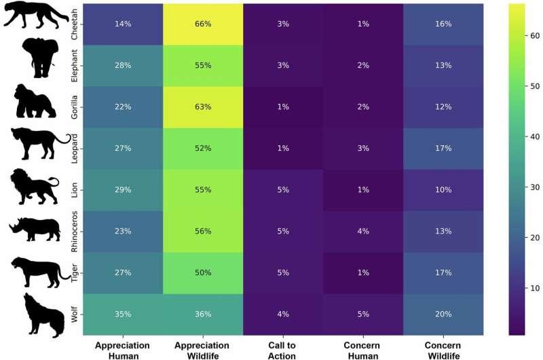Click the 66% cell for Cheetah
[x=202, y=24]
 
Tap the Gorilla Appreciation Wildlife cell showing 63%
[x=202, y=107]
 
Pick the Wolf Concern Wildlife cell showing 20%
[x=444, y=314]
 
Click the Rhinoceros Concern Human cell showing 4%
[x=363, y=232]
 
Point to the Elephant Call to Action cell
[x=283, y=65]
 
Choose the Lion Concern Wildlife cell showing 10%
[x=444, y=190]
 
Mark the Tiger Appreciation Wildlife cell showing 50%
[x=202, y=273]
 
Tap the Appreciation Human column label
[x=122, y=350]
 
